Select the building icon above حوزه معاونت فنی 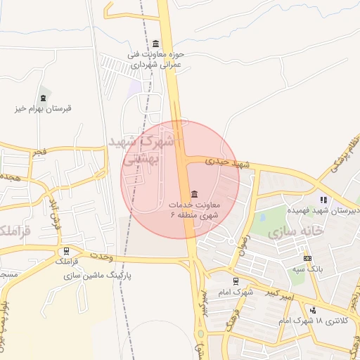pos(156,44)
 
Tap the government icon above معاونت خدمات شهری pos(194,194)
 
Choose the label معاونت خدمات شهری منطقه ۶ pos(194,210)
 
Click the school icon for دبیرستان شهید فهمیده pos(323,200)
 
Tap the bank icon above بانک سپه pos(307,258)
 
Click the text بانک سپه pos(308,269)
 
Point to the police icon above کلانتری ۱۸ pos(313,310)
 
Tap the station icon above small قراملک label pos(67,250)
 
